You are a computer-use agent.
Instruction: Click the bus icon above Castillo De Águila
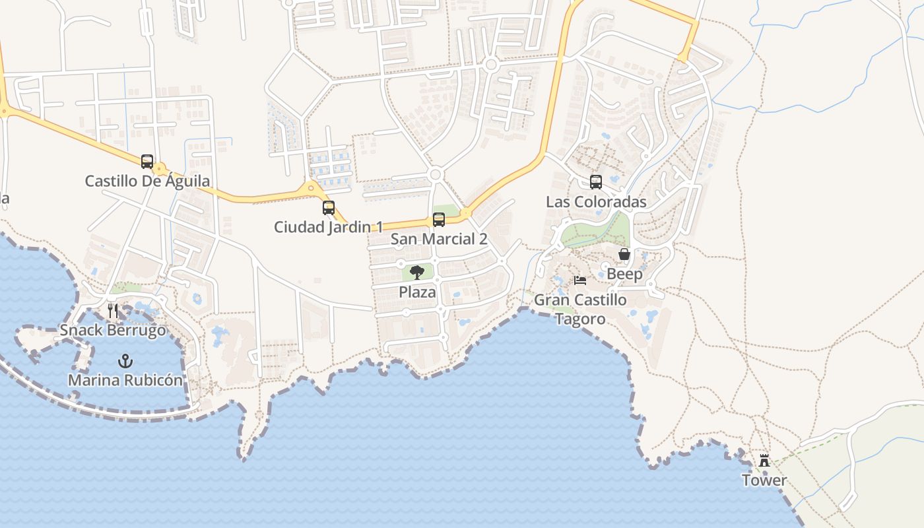point(147,161)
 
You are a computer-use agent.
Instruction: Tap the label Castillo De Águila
point(148,181)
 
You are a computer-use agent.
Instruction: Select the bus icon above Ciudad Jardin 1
point(329,208)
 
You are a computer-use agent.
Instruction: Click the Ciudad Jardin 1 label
point(329,227)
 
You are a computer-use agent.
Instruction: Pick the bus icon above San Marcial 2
point(439,220)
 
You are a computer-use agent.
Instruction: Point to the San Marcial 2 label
point(439,239)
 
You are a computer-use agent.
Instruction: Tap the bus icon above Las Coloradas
point(596,182)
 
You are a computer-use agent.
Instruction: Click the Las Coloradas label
point(596,202)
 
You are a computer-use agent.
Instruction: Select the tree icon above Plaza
point(417,272)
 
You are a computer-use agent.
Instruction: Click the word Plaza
point(418,292)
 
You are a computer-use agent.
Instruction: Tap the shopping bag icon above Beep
point(624,254)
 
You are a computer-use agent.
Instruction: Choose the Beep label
point(624,274)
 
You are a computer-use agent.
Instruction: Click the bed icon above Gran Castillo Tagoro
point(580,280)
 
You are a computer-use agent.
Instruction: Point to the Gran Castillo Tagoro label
point(580,310)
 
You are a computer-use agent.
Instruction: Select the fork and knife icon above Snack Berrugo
point(113,310)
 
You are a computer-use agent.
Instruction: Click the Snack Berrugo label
point(113,330)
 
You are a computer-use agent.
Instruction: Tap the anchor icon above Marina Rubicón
point(125,360)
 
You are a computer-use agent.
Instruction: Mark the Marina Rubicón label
point(125,380)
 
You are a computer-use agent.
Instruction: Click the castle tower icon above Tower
point(764,460)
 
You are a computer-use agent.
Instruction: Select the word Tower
point(764,480)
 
